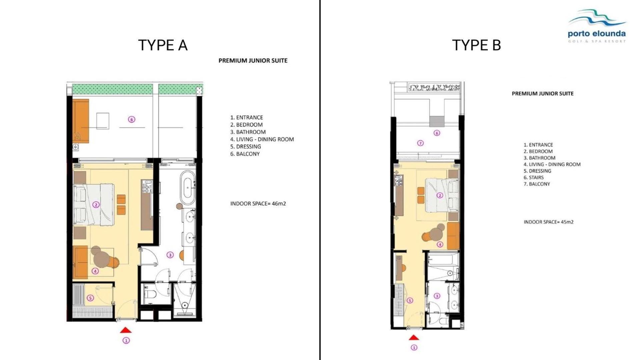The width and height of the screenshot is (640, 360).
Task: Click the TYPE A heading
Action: pyautogui.click(x=163, y=45)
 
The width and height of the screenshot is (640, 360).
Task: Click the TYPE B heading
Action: pyautogui.click(x=476, y=45)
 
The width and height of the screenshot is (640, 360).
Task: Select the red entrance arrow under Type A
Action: pyautogui.click(x=126, y=330)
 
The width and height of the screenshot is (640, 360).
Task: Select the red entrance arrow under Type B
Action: pyautogui.click(x=414, y=337)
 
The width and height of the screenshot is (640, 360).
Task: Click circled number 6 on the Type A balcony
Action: pyautogui.click(x=132, y=119)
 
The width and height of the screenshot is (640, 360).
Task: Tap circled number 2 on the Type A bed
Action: pyautogui.click(x=96, y=205)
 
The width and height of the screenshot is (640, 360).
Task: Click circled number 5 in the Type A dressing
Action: pyautogui.click(x=90, y=298)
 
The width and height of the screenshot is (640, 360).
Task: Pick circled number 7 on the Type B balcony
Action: pyautogui.click(x=420, y=143)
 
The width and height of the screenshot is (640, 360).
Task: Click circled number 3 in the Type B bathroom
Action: pyautogui.click(x=437, y=296)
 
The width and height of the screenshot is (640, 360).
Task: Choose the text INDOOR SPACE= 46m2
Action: pyautogui.click(x=258, y=204)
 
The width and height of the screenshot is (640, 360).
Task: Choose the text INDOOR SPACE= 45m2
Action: pyautogui.click(x=549, y=222)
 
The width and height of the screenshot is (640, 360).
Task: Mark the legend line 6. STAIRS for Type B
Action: pyautogui.click(x=534, y=177)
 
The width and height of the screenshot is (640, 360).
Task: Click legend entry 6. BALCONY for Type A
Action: pyautogui.click(x=245, y=154)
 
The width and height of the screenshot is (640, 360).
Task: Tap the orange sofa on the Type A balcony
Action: pyautogui.click(x=81, y=121)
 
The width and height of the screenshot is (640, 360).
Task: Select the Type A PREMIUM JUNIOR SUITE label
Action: pyautogui.click(x=253, y=61)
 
